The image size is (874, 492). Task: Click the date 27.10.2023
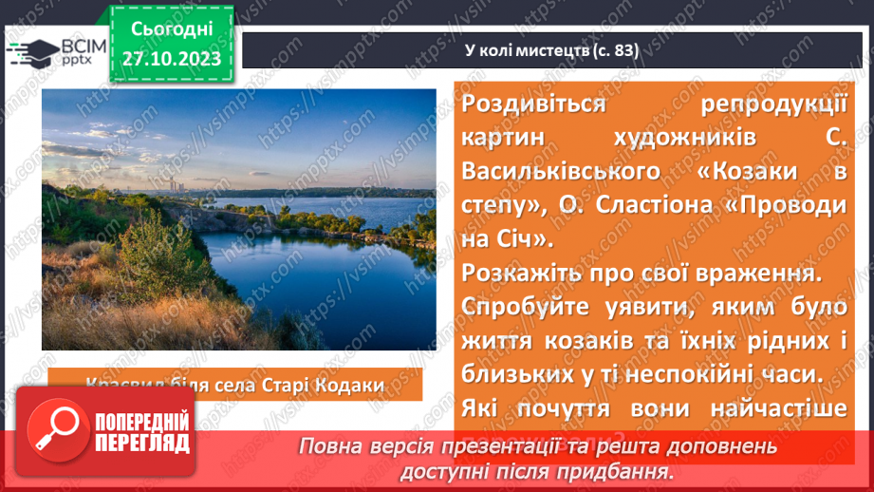pyautogui.click(x=171, y=60)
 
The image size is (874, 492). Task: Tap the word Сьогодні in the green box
pyautogui.click(x=171, y=28)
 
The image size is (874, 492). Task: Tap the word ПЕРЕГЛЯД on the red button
pyautogui.click(x=141, y=444)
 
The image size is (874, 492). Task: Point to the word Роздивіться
pyautogui.click(x=533, y=104)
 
